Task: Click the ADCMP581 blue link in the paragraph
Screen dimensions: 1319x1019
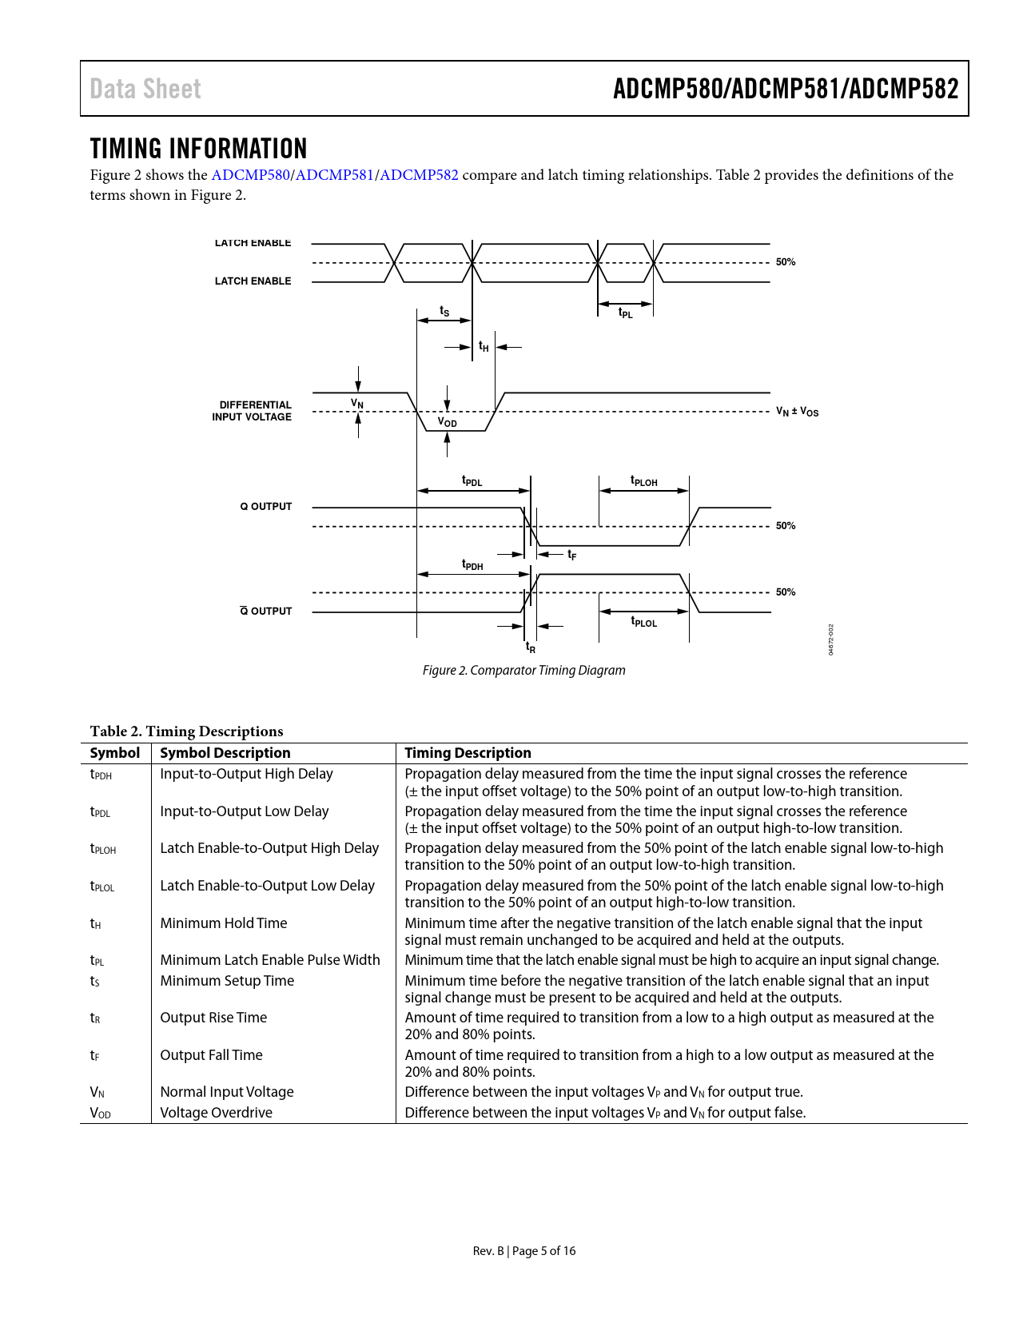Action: pyautogui.click(x=335, y=175)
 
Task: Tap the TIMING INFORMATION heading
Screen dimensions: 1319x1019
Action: pyautogui.click(x=198, y=149)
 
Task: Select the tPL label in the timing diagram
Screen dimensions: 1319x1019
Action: pyautogui.click(x=625, y=313)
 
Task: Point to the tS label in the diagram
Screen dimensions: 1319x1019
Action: pyautogui.click(x=444, y=311)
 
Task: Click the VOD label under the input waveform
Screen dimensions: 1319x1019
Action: pyautogui.click(x=447, y=422)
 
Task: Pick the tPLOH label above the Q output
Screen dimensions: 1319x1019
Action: pyautogui.click(x=643, y=481)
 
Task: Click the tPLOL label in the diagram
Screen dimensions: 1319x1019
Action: pyautogui.click(x=643, y=622)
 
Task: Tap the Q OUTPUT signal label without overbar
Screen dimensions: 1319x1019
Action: pyautogui.click(x=266, y=507)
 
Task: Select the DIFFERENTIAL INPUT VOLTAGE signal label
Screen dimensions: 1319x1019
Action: pyautogui.click(x=252, y=411)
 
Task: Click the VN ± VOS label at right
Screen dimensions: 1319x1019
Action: pyautogui.click(x=797, y=412)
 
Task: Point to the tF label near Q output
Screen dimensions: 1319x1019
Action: pyautogui.click(x=571, y=555)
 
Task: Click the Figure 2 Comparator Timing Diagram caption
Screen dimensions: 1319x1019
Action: pyautogui.click(x=523, y=671)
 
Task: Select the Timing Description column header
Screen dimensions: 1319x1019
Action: pyautogui.click(x=468, y=753)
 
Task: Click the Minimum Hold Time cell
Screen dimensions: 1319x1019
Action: pyautogui.click(x=224, y=923)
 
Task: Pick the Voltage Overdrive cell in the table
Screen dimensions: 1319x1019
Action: pyautogui.click(x=216, y=1113)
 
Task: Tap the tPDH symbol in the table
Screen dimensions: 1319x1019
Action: pyautogui.click(x=101, y=775)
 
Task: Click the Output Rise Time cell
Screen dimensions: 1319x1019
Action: pyautogui.click(x=213, y=1018)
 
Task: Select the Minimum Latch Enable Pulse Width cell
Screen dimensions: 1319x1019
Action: pyautogui.click(x=270, y=960)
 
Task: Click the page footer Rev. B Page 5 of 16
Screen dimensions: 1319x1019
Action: pyautogui.click(x=523, y=1251)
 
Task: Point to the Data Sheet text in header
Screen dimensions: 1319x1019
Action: pyautogui.click(x=145, y=89)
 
